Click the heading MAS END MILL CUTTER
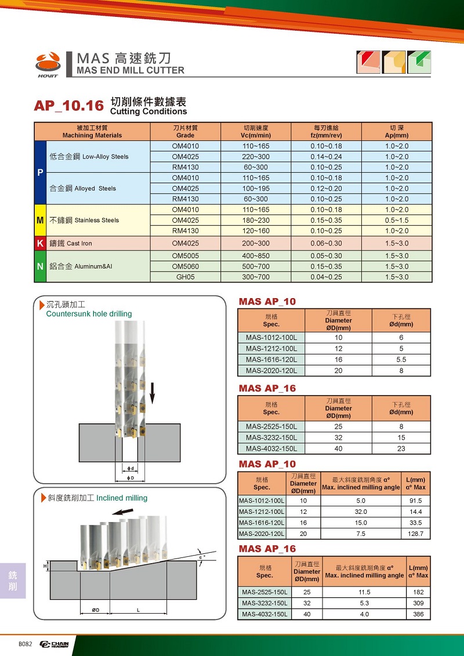point(130,70)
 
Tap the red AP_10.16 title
point(68,106)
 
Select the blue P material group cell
point(40,172)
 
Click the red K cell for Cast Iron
point(40,244)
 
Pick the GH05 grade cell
point(186,277)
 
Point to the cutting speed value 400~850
point(256,256)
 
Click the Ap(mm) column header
point(397,135)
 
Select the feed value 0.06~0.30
point(326,244)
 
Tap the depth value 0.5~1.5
point(397,220)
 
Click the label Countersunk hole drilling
point(89,314)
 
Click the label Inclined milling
point(122,498)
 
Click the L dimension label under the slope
point(138,610)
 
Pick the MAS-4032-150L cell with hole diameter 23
point(271,448)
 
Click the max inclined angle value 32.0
point(361,512)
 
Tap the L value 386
point(418,614)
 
